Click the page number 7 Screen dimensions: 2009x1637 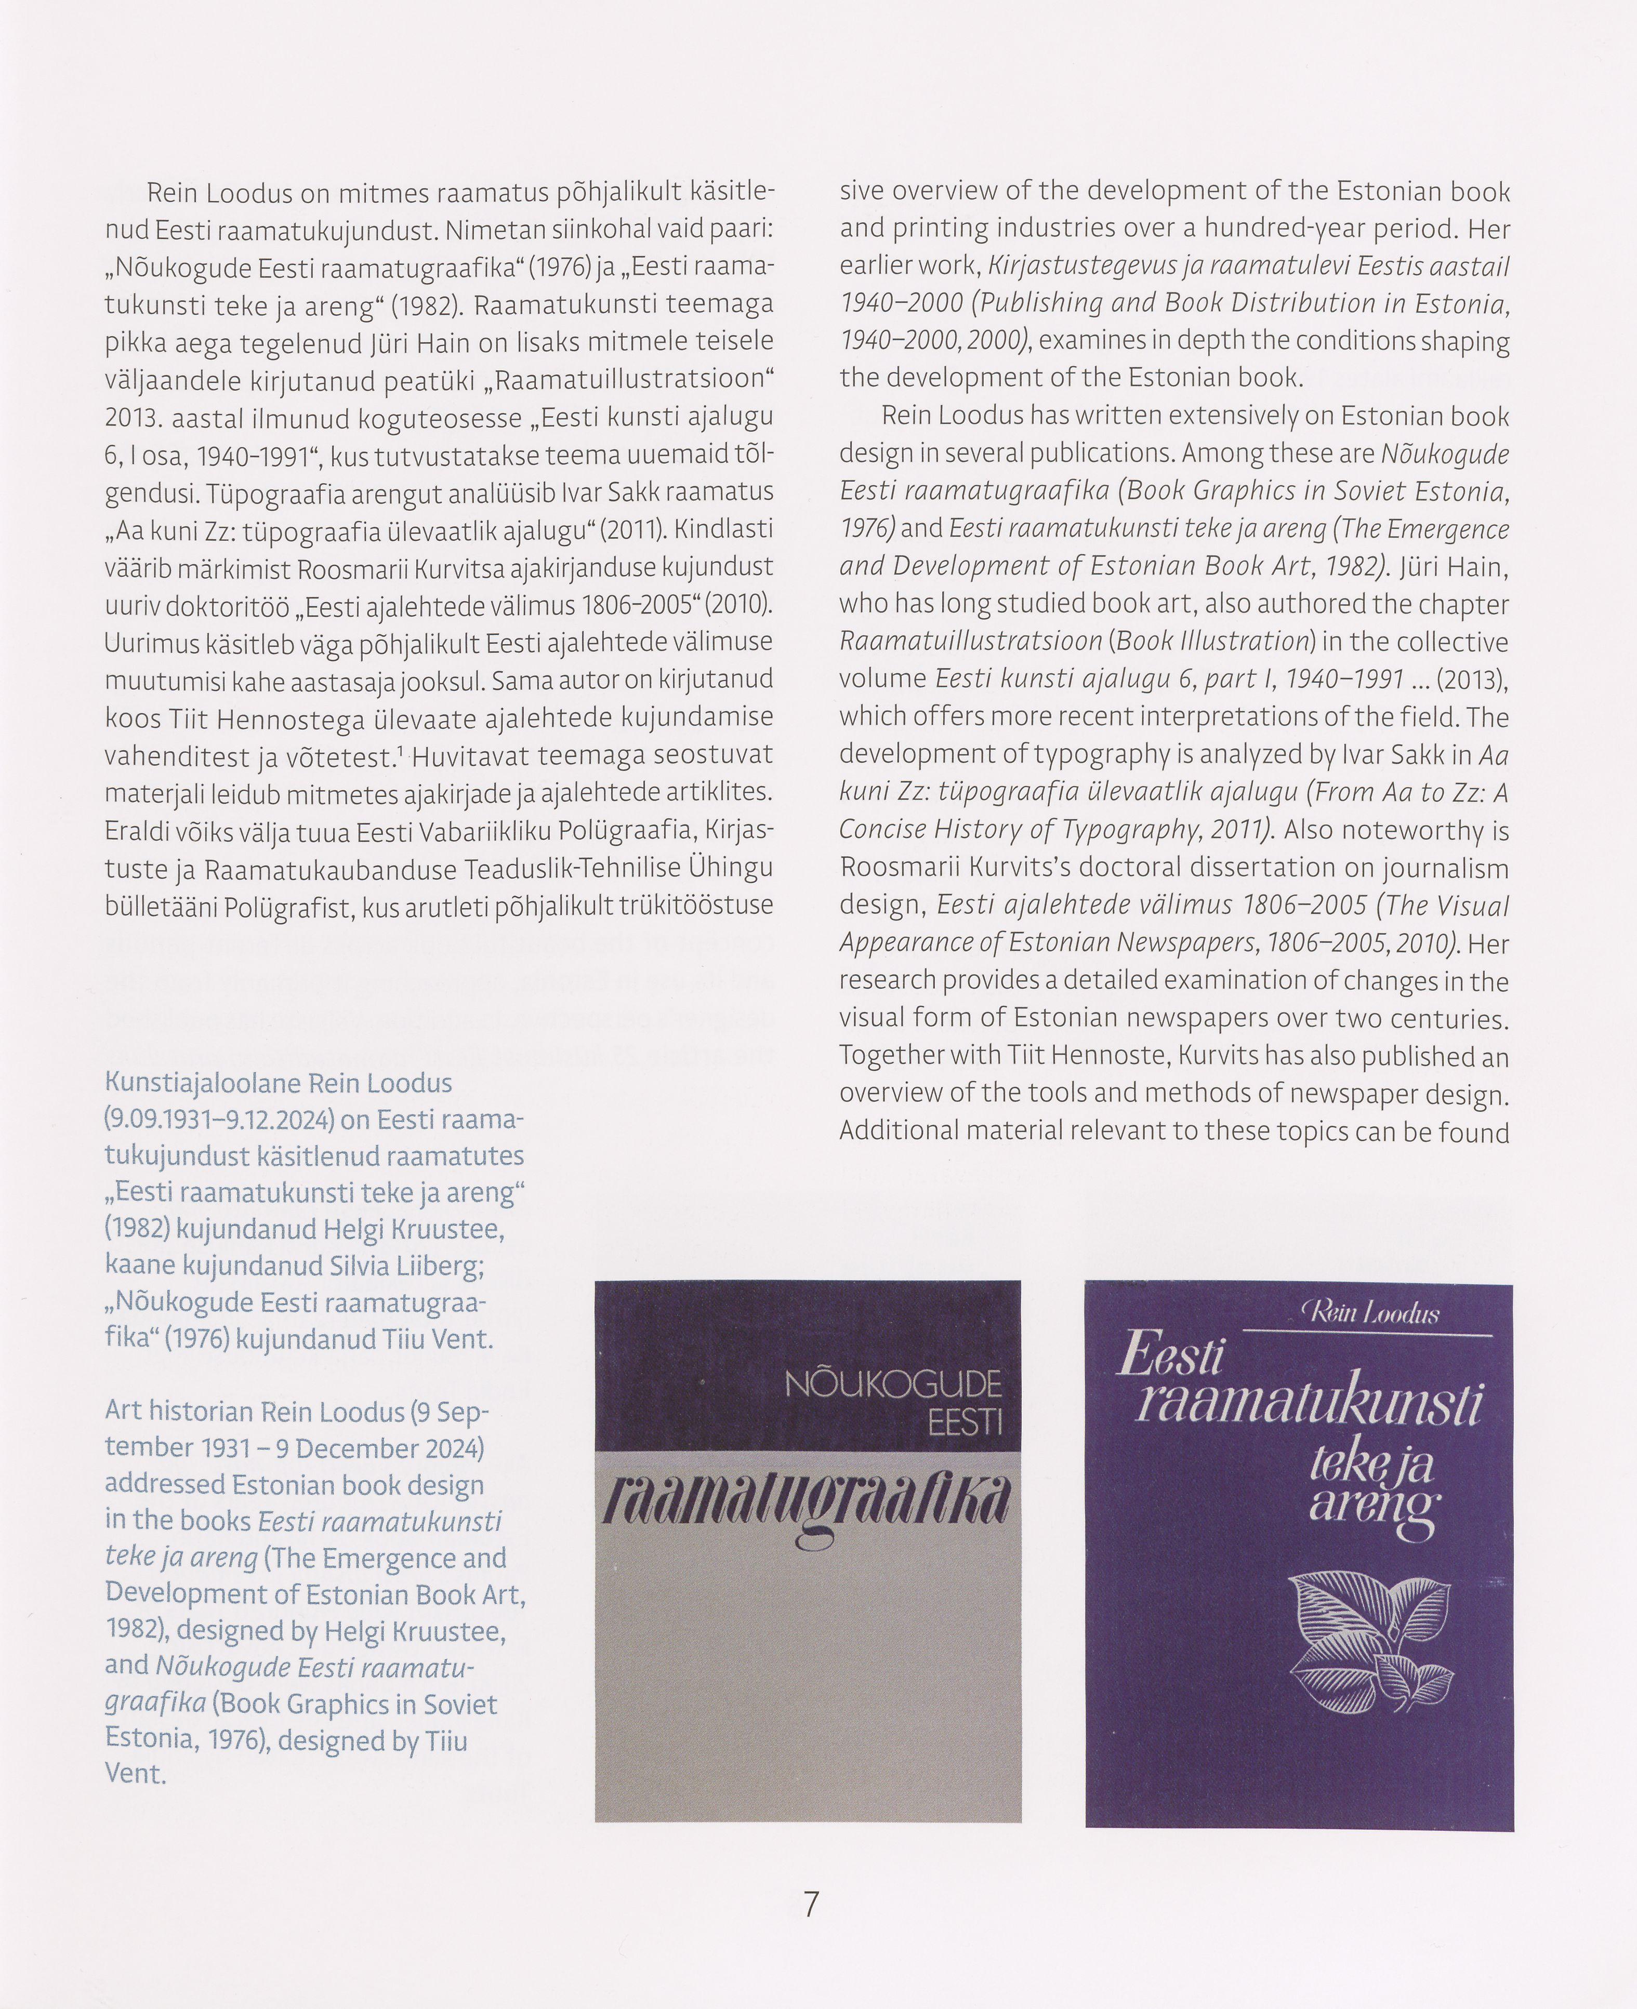click(x=811, y=1905)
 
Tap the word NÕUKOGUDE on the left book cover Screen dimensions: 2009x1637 click(x=892, y=1385)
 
